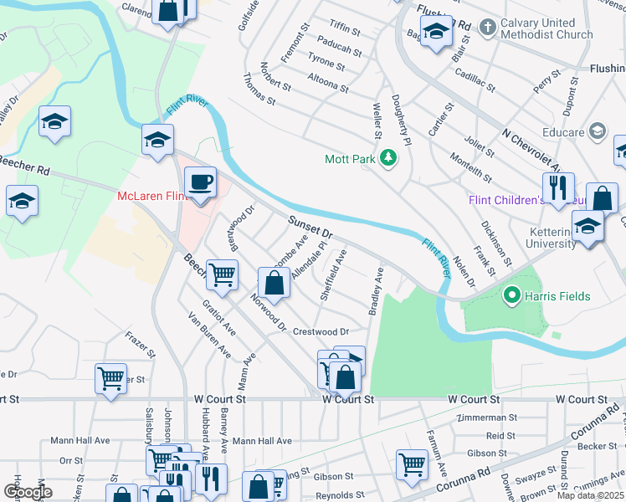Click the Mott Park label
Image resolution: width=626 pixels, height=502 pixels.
[348, 159]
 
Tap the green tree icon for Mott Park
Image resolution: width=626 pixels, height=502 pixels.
[387, 157]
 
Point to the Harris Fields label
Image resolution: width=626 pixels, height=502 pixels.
[557, 296]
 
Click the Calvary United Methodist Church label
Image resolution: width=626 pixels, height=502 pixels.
[547, 28]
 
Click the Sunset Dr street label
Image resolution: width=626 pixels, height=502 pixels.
[310, 227]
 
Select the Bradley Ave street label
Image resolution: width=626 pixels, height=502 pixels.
[375, 291]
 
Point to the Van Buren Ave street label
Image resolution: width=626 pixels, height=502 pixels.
[209, 336]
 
